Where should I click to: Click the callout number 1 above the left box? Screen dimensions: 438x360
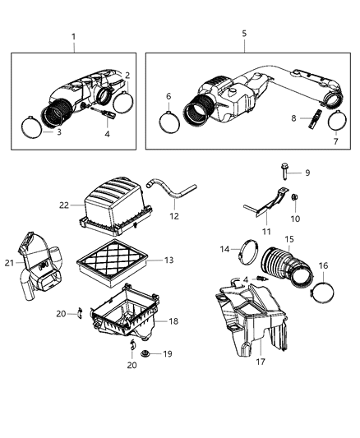click(73, 36)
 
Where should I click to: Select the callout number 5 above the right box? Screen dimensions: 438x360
click(243, 35)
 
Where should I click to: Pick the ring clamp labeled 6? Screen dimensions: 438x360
click(170, 122)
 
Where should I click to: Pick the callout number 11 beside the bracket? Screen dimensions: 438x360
click(265, 233)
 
